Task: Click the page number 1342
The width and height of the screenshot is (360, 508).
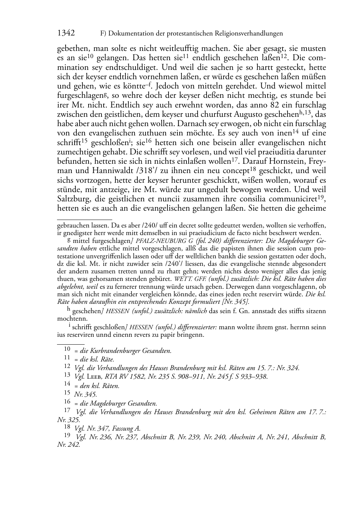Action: click(66, 33)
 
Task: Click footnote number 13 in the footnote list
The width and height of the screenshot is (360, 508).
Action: click(67, 375)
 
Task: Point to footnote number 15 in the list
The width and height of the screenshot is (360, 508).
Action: click(67, 393)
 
